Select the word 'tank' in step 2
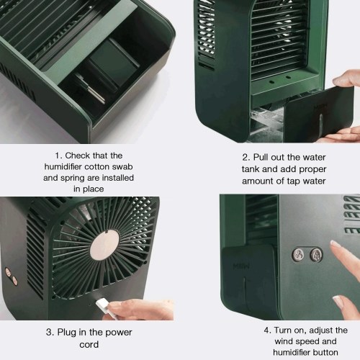point(251,169)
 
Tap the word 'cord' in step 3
point(89,345)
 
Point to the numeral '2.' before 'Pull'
point(246,158)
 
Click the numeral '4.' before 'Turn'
point(268,330)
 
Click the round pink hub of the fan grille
point(104,246)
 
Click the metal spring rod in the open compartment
point(95,94)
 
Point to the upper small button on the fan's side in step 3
point(9,272)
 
